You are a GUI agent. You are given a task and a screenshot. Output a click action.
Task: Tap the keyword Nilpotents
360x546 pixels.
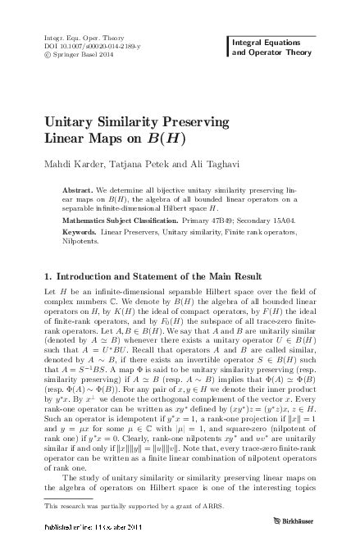(80, 242)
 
